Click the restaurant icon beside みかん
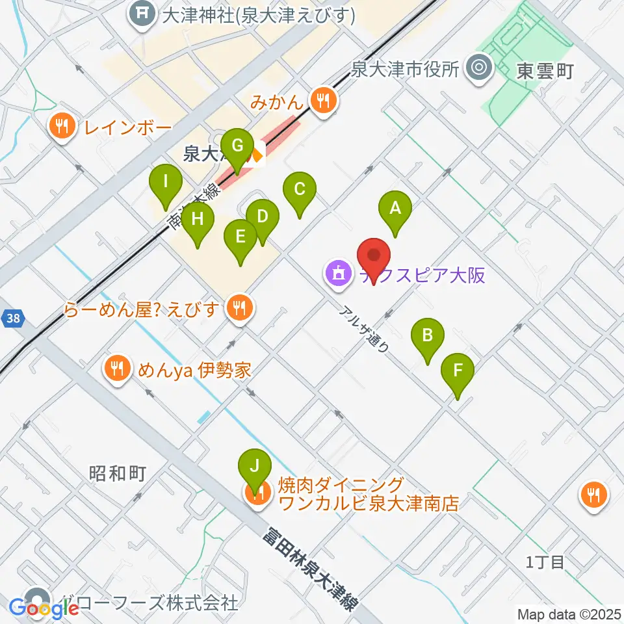tap(322, 100)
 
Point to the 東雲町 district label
tap(545, 71)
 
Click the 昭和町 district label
tap(118, 473)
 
